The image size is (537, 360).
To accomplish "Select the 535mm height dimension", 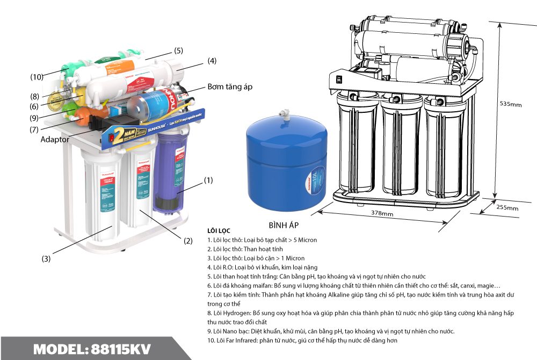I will click(x=511, y=104).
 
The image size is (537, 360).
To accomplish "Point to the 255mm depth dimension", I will click(x=507, y=207).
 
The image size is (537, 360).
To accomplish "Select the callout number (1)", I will click(x=208, y=181).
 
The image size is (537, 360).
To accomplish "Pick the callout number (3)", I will click(x=46, y=258).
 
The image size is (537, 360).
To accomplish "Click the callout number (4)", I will click(x=212, y=61).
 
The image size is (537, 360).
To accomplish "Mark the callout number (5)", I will click(x=178, y=51).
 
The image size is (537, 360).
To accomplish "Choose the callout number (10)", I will click(x=37, y=77).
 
